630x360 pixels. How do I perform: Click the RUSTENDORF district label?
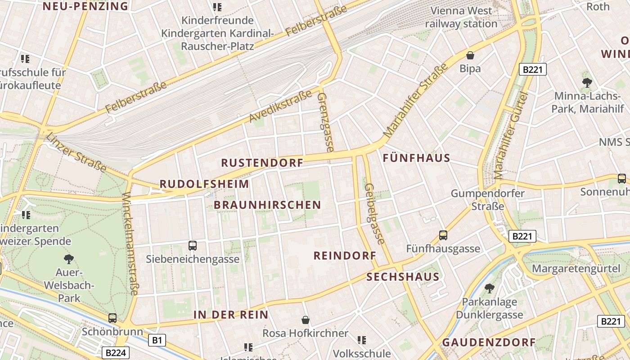coord(262,163)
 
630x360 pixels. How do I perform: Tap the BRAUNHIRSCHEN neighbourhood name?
coord(267,205)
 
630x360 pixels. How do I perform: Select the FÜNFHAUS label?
coord(416,158)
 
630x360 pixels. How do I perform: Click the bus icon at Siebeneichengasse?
coord(193,245)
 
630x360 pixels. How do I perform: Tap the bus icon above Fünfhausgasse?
coord(443,235)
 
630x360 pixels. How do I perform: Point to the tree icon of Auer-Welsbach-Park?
coord(69,259)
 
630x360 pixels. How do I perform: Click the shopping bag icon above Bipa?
coord(470,55)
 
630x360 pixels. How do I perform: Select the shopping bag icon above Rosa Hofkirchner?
coord(306,320)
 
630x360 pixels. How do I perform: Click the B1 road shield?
coord(157,340)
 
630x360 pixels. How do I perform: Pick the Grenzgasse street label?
coord(325,122)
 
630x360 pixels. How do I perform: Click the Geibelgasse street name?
coord(375,214)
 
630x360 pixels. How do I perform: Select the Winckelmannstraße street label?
coord(130,243)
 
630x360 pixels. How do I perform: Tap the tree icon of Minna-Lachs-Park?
coord(587,82)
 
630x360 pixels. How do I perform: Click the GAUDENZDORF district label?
coord(489,342)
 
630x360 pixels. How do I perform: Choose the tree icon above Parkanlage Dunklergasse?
coord(489,288)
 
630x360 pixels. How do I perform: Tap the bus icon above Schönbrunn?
coord(112,318)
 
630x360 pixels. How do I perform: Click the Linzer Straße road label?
coord(76,153)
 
